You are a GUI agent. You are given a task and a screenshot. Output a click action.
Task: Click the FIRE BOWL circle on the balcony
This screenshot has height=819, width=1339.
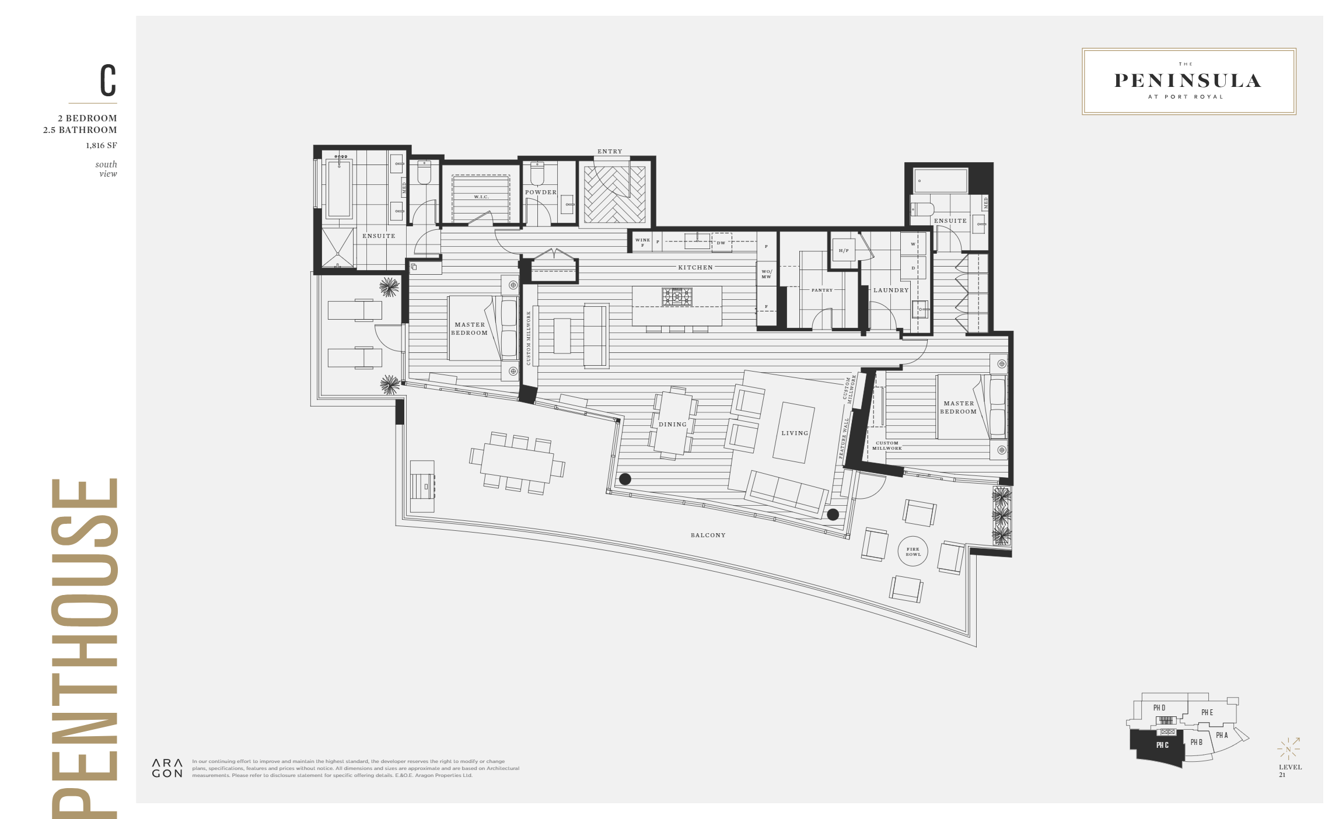[913, 551]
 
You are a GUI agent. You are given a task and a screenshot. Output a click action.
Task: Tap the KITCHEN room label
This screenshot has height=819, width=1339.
[695, 267]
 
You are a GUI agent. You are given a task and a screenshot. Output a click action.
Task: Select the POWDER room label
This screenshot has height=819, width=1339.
[540, 192]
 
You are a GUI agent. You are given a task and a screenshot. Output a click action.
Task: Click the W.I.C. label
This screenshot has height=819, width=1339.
[481, 197]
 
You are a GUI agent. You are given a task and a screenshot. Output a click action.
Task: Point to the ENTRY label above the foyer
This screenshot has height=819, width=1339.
[610, 151]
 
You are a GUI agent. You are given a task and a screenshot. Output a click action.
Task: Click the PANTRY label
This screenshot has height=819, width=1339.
[821, 290]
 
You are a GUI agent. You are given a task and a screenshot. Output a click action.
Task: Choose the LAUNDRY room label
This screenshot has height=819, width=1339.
[890, 290]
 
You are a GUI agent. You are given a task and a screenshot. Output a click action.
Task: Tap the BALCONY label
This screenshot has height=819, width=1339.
[708, 535]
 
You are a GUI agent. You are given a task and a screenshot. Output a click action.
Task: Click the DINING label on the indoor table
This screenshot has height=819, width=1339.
[672, 424]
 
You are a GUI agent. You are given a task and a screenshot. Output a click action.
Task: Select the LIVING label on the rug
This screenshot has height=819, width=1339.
[795, 433]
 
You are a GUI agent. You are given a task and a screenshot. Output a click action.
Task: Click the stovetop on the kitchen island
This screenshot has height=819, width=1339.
[677, 296]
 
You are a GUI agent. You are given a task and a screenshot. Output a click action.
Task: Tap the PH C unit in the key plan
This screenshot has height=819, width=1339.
[1162, 745]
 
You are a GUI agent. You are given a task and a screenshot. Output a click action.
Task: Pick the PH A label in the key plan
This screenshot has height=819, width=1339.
[1222, 735]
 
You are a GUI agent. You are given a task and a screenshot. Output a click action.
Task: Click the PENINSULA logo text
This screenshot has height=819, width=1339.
[1188, 81]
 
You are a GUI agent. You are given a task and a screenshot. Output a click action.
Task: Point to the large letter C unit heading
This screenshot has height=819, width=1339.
[108, 80]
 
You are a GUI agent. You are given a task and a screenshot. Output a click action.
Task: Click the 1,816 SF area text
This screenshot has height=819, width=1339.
[101, 145]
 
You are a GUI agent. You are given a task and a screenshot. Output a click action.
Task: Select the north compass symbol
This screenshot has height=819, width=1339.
[1288, 749]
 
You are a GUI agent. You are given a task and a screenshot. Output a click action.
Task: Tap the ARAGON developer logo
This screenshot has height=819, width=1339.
[167, 768]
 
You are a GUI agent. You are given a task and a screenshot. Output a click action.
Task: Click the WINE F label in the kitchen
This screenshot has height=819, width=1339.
[642, 242]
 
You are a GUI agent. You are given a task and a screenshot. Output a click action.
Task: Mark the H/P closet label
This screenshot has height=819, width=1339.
[843, 250]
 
